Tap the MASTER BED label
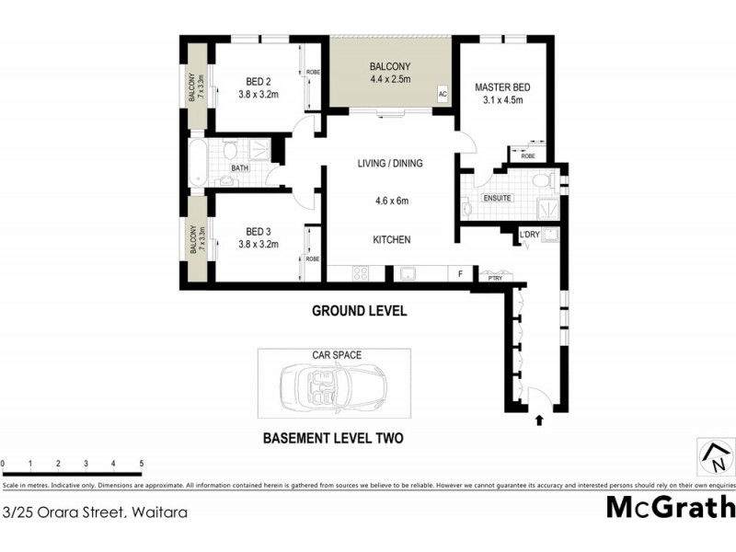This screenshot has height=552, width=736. tap(500, 88)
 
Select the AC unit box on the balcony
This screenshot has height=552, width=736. tap(443, 94)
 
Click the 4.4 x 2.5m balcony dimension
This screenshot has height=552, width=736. tap(390, 80)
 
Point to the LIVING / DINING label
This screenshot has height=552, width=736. tap(390, 164)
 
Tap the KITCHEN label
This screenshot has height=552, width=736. tap(391, 240)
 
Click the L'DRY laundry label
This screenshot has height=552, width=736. tap(529, 236)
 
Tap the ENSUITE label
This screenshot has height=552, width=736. tap(498, 198)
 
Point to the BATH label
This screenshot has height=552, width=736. tap(239, 168)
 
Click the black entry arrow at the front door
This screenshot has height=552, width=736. tap(539, 420)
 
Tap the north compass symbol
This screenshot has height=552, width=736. tap(714, 454)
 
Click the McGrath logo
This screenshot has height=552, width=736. tap(671, 507)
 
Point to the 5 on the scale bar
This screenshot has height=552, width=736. tap(141, 464)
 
